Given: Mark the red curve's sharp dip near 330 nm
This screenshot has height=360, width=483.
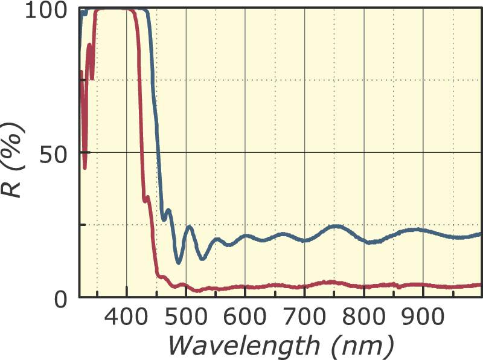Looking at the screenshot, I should [x=85, y=167].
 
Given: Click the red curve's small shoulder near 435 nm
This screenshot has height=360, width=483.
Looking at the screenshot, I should [x=146, y=198].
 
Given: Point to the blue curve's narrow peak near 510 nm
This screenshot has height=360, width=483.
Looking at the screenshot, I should [x=190, y=227].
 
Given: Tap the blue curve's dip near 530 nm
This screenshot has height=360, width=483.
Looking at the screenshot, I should [x=202, y=259].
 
